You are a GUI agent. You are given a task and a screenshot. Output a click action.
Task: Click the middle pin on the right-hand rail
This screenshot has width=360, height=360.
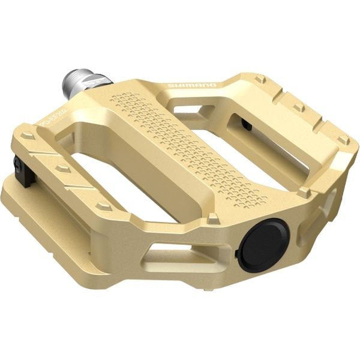point(298,108)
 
